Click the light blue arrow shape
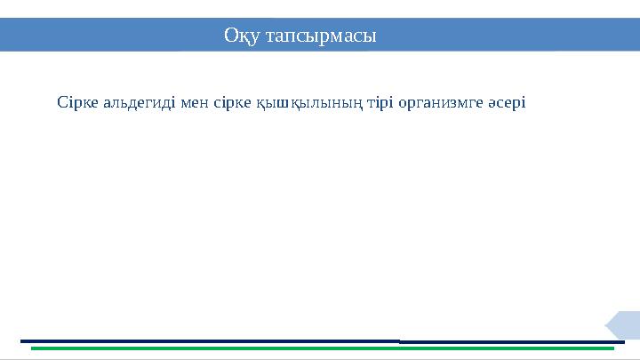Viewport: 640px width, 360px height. [x=625, y=324]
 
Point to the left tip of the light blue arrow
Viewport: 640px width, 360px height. [x=606, y=324]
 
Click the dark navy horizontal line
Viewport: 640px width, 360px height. [x=320, y=340]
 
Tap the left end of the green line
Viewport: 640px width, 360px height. [x=32, y=348]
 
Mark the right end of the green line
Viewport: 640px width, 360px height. [x=613, y=348]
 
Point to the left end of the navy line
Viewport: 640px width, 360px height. [x=21, y=340]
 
